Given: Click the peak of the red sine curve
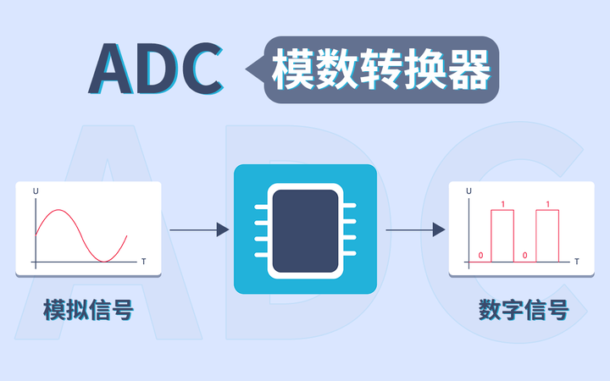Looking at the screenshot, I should pos(57,209).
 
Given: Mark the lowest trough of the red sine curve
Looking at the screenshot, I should pos(104,260).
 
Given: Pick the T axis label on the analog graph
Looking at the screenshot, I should pos(143,262).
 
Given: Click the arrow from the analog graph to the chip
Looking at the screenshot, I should pos(199,229).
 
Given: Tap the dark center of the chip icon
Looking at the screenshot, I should pos(304,229).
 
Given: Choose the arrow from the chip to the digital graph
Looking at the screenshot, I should pos(415,229).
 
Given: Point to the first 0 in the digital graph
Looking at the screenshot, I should pos(480,255).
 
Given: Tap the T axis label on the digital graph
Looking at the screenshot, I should pos(576,262).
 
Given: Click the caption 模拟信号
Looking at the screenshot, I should pos(88,310).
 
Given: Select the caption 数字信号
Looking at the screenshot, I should pos(523,310).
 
